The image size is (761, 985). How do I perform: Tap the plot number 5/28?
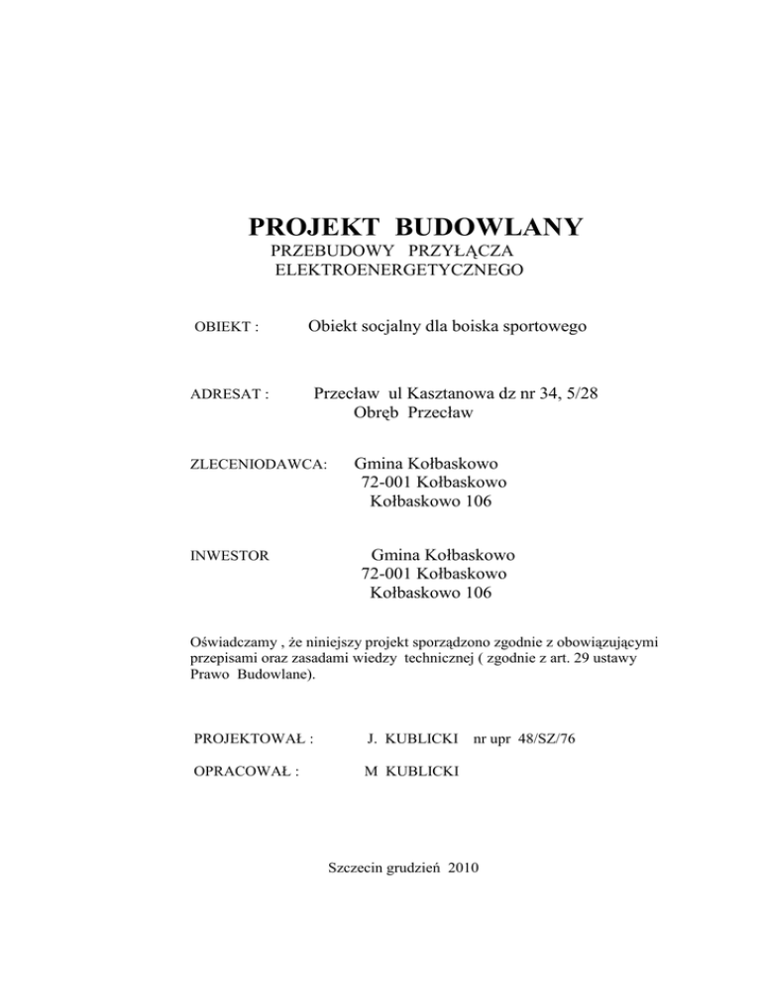click(x=577, y=392)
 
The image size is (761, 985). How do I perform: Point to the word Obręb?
click(x=378, y=412)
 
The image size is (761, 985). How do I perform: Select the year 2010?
click(x=463, y=868)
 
